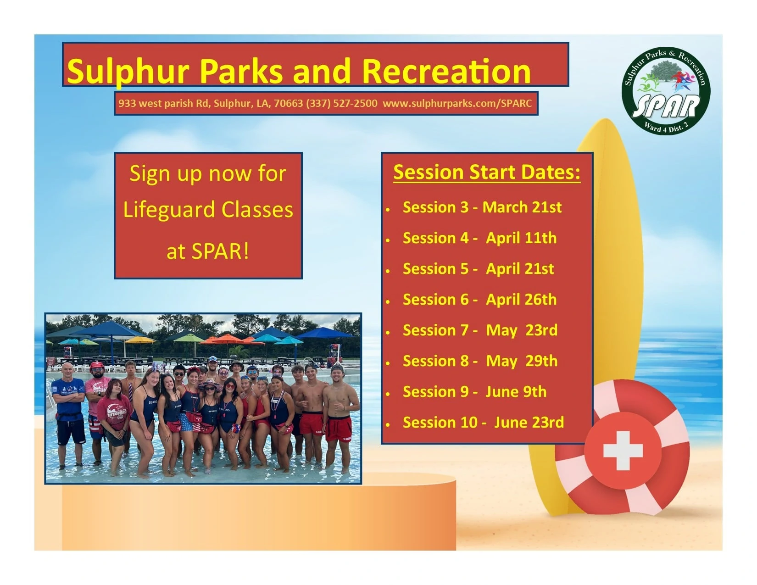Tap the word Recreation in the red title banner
pyautogui.click(x=446, y=71)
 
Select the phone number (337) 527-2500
pyautogui.click(x=342, y=103)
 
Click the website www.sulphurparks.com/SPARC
pyautogui.click(x=457, y=103)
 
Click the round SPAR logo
pyautogui.click(x=666, y=90)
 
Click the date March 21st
pyautogui.click(x=522, y=207)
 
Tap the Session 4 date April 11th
pyautogui.click(x=521, y=238)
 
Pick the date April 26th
pyautogui.click(x=521, y=300)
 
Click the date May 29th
pyautogui.click(x=522, y=361)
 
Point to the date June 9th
pyautogui.click(x=516, y=392)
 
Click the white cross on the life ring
pyautogui.click(x=623, y=451)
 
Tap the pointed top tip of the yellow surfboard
pyautogui.click(x=605, y=119)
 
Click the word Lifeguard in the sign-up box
pyautogui.click(x=169, y=211)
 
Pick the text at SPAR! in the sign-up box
pyautogui.click(x=208, y=251)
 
